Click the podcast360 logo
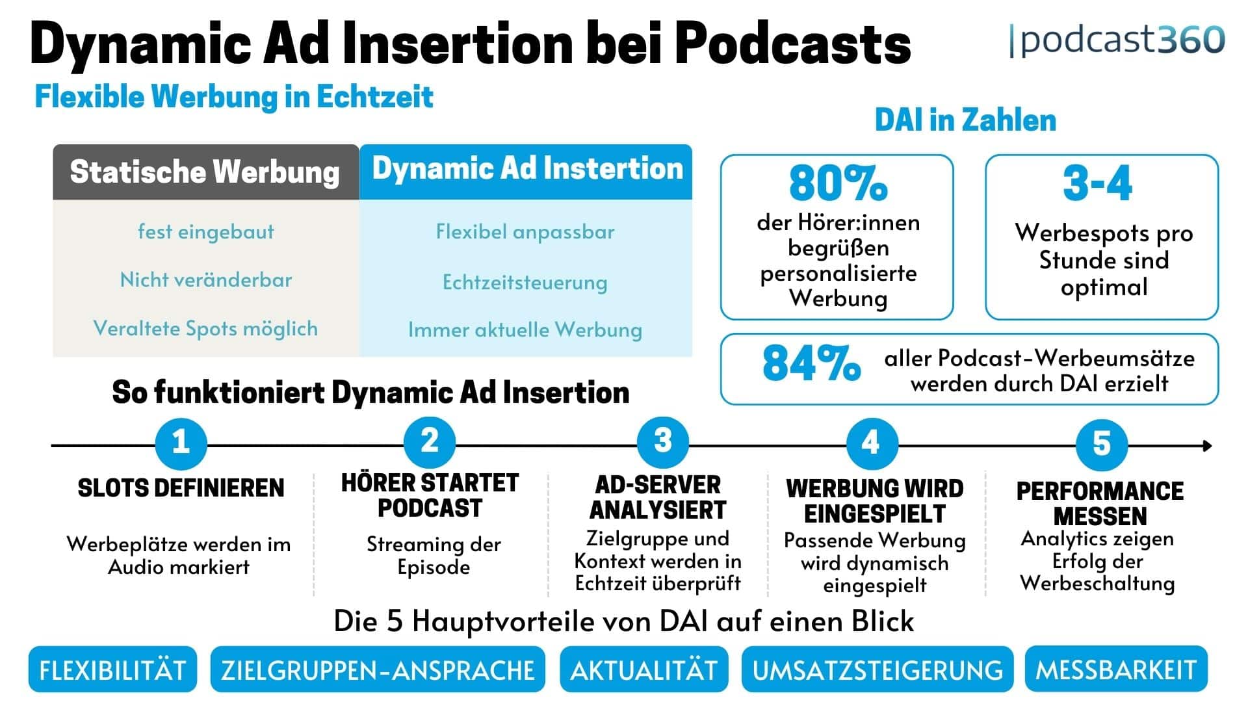pyautogui.click(x=1117, y=40)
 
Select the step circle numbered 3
pyautogui.click(x=662, y=442)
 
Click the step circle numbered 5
pyautogui.click(x=1101, y=444)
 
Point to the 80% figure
pyautogui.click(x=837, y=183)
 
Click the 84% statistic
pyautogui.click(x=811, y=364)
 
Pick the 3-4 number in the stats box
pyautogui.click(x=1097, y=183)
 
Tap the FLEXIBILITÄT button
pyautogui.click(x=112, y=669)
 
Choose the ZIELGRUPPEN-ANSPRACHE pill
pyautogui.click(x=378, y=669)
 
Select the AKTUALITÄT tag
pyautogui.click(x=643, y=669)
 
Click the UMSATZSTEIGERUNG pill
pyautogui.click(x=877, y=669)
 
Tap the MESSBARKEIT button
pyautogui.click(x=1115, y=669)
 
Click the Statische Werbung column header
pyautogui.click(x=205, y=172)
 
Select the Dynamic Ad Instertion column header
pyautogui.click(x=526, y=169)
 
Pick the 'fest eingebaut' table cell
pyautogui.click(x=206, y=232)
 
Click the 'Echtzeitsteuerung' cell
pyautogui.click(x=525, y=282)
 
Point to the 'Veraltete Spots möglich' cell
pyautogui.click(x=206, y=328)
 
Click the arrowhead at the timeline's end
pyautogui.click(x=1207, y=446)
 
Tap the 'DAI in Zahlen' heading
pyautogui.click(x=965, y=120)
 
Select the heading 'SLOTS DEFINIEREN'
pyautogui.click(x=181, y=488)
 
